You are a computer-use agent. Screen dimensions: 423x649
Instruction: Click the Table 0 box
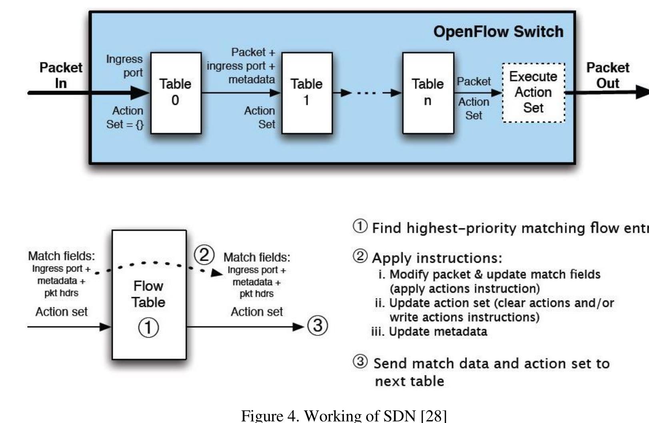coord(176,93)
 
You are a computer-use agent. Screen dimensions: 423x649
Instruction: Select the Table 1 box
coord(307,93)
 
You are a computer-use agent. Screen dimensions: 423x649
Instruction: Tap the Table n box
coord(428,93)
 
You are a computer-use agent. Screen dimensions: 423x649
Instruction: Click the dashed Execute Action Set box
coord(533,93)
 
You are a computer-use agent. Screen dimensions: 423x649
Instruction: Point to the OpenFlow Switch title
coord(498,32)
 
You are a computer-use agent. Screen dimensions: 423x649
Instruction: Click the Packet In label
coord(61,75)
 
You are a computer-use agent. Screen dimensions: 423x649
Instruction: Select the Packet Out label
coord(607,75)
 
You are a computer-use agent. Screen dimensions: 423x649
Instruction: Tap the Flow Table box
coord(149,294)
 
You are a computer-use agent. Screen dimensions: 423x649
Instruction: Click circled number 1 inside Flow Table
coord(148,328)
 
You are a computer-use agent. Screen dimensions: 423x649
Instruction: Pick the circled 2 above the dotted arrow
coord(204,255)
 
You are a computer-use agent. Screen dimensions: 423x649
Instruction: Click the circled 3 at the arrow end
coord(318,326)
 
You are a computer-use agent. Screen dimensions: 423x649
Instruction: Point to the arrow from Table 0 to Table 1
coord(240,93)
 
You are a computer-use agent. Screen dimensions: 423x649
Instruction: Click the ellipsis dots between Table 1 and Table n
coord(366,93)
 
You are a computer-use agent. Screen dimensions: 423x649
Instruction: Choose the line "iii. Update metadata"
coord(429,332)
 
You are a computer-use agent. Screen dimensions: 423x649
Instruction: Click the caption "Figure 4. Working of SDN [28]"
coord(343,415)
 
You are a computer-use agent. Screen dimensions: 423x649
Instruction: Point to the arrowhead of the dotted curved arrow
coord(217,273)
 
